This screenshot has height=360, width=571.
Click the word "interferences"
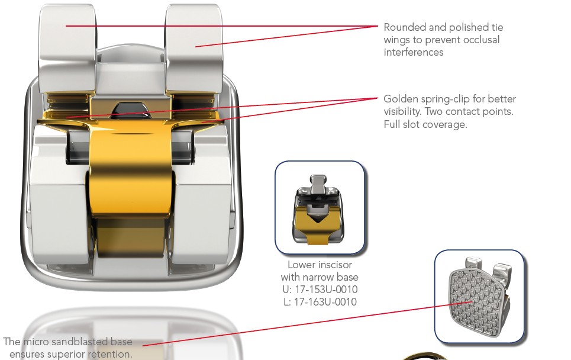(414, 52)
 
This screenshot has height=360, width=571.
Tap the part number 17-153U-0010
(325, 290)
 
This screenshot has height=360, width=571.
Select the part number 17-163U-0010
(325, 302)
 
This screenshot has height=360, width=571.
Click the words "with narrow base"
(320, 277)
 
